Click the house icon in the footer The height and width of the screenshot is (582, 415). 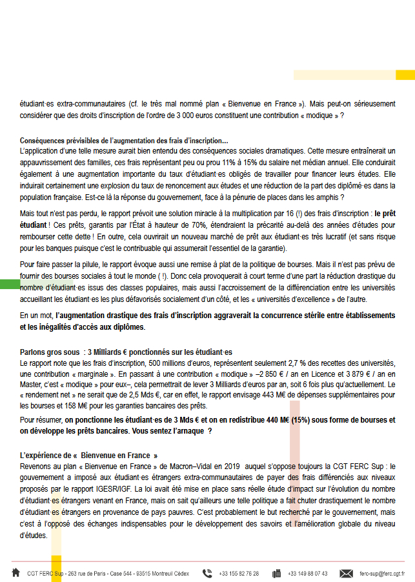pyautogui.click(x=15, y=572)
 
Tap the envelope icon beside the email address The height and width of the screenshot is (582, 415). pyautogui.click(x=347, y=573)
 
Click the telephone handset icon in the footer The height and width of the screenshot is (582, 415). pyautogui.click(x=207, y=573)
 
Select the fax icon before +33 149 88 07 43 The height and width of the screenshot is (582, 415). pyautogui.click(x=277, y=573)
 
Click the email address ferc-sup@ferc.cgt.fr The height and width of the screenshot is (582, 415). pyautogui.click(x=382, y=573)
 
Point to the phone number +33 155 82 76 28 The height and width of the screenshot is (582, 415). pyautogui.click(x=239, y=573)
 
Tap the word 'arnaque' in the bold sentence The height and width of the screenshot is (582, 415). pyautogui.click(x=190, y=430)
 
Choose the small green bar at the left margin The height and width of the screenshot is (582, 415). pyautogui.click(x=10, y=284)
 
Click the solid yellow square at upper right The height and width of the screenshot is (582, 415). pyautogui.click(x=405, y=75)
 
